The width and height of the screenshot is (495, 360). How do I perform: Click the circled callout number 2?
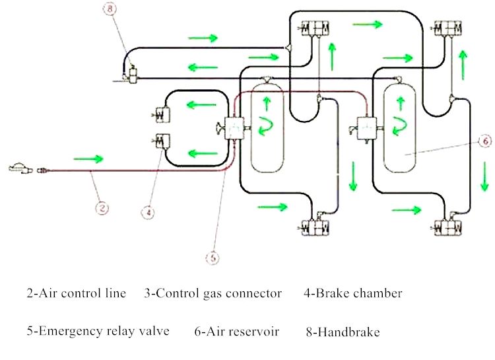(102, 208)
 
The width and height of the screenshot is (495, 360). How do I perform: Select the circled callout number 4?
(149, 213)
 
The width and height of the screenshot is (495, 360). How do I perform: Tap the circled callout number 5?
(212, 259)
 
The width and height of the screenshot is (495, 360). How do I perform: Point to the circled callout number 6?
(484, 141)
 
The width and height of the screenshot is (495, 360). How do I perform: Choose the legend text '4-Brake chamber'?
(352, 293)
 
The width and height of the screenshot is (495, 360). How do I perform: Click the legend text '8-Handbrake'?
(343, 332)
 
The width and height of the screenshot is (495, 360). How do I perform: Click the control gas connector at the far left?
(20, 169)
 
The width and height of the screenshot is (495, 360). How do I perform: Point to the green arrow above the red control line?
(88, 159)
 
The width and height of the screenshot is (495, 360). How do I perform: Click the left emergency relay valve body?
(234, 126)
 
